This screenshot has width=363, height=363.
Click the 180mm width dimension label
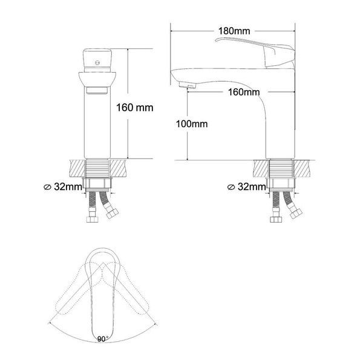click(x=234, y=31)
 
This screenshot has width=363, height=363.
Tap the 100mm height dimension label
click(x=192, y=124)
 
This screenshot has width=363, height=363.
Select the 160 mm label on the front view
click(x=134, y=108)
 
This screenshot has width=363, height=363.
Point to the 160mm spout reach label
click(x=244, y=92)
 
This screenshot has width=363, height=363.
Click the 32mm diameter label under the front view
click(x=68, y=186)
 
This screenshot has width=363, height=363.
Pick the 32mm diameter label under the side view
click(x=252, y=186)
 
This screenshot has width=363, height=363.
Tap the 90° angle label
click(x=102, y=339)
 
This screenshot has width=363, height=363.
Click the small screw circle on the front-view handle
click(x=97, y=62)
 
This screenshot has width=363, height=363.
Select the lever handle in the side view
click(x=255, y=52)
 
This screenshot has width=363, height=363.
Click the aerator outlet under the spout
click(x=188, y=85)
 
